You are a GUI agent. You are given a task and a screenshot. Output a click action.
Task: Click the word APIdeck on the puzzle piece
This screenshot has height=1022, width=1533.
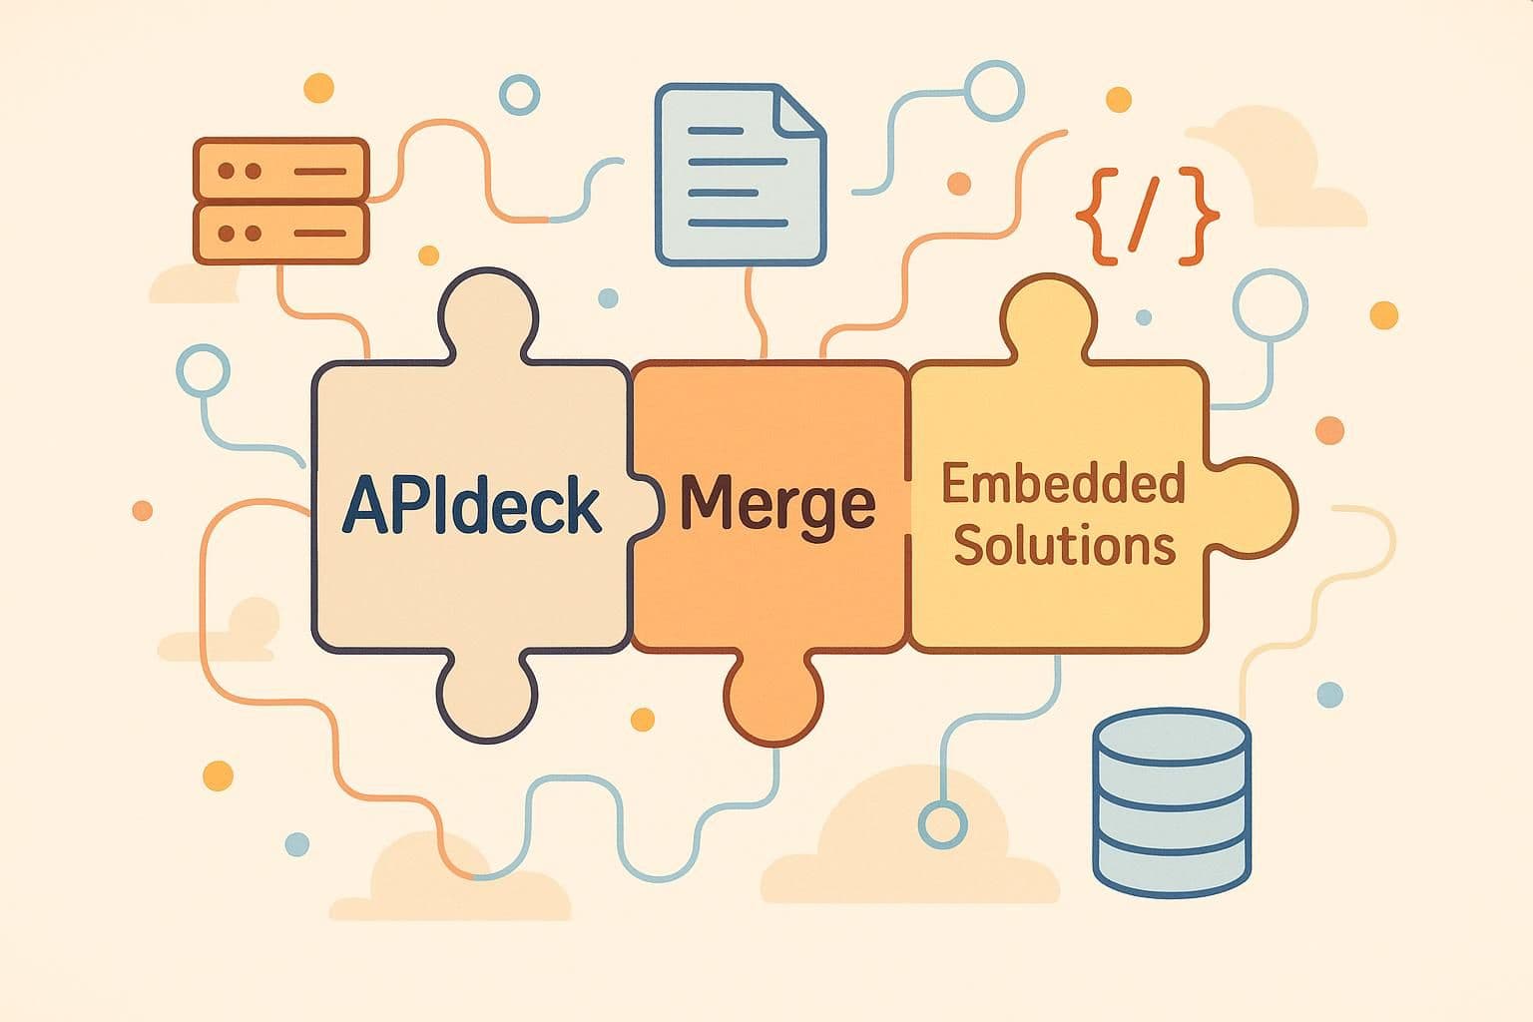point(471,506)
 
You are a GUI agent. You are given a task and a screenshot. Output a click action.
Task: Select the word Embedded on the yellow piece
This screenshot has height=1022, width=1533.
point(1063,485)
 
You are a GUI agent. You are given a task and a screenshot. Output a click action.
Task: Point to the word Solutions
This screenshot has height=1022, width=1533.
point(1064,546)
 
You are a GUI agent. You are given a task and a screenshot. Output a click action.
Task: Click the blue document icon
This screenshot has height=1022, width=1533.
point(740,176)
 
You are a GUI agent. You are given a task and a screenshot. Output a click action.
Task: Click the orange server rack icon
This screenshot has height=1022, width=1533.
point(280,201)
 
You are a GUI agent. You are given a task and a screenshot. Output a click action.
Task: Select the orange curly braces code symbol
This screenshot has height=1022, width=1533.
point(1148,218)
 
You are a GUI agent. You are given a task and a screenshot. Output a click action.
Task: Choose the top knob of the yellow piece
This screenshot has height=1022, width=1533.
point(1047,317)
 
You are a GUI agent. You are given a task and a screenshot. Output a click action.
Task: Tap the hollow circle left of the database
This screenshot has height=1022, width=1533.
point(942,824)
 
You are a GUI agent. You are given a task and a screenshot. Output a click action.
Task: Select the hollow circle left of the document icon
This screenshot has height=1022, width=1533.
point(519,96)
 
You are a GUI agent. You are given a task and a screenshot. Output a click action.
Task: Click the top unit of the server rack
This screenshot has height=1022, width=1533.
point(280,171)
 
